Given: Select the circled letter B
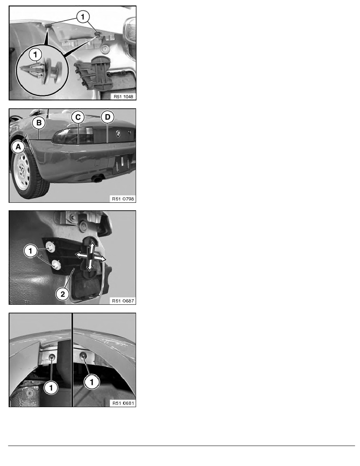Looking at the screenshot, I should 39,122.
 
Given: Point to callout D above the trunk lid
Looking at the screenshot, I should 107,116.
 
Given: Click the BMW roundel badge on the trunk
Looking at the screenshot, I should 117,134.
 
